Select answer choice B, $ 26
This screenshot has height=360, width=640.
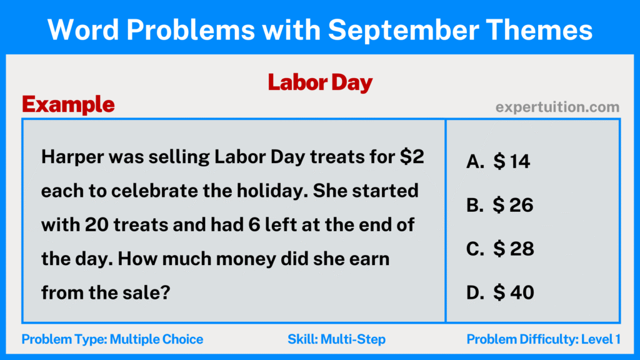point(499,205)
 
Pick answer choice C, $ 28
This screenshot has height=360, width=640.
point(500,248)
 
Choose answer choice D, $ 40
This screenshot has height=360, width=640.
point(500,291)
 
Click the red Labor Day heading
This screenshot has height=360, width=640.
point(320,82)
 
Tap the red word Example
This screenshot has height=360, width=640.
point(68,104)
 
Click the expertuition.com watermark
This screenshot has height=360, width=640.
point(557,107)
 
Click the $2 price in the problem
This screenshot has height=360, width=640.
point(412,157)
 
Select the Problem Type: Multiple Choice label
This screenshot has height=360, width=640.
point(112,339)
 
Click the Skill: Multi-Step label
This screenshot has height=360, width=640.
point(336,339)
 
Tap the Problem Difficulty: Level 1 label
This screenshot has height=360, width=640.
point(543,339)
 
